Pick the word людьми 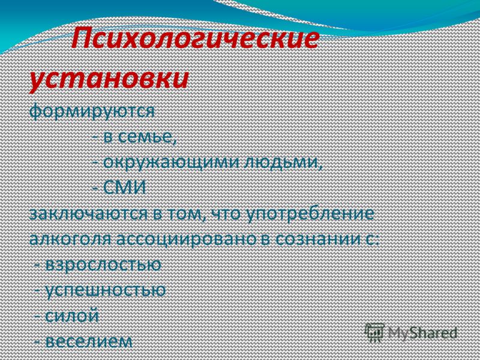[x=283, y=162]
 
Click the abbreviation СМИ [x=125, y=188]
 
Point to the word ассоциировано [x=186, y=239]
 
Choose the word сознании [x=318, y=239]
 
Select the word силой [x=72, y=316]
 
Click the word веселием [x=89, y=341]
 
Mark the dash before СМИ [x=95, y=188]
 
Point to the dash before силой [x=38, y=317]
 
